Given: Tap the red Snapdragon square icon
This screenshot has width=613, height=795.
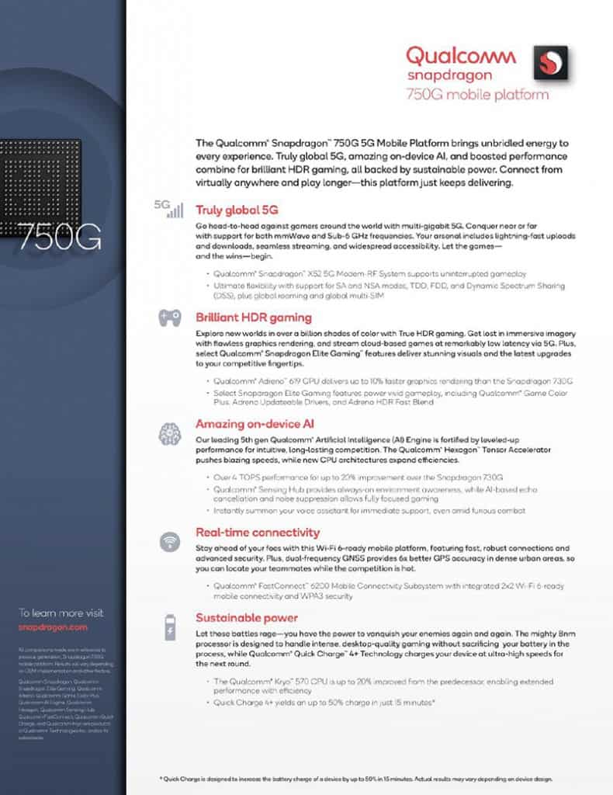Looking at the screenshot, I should [x=550, y=63].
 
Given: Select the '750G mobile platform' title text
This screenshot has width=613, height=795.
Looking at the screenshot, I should [x=477, y=95].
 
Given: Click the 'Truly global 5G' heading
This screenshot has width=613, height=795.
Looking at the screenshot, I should [x=237, y=210].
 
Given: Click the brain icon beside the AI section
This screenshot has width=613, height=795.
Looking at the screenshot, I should [x=170, y=432].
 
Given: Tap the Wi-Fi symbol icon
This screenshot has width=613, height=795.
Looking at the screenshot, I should [x=170, y=542].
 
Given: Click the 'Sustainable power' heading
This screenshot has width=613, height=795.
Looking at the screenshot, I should [x=247, y=618].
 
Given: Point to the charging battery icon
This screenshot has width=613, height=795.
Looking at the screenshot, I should [x=170, y=627].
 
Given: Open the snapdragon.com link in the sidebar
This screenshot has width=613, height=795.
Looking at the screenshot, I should [x=53, y=627].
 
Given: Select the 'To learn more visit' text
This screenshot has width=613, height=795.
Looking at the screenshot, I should [x=61, y=613].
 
